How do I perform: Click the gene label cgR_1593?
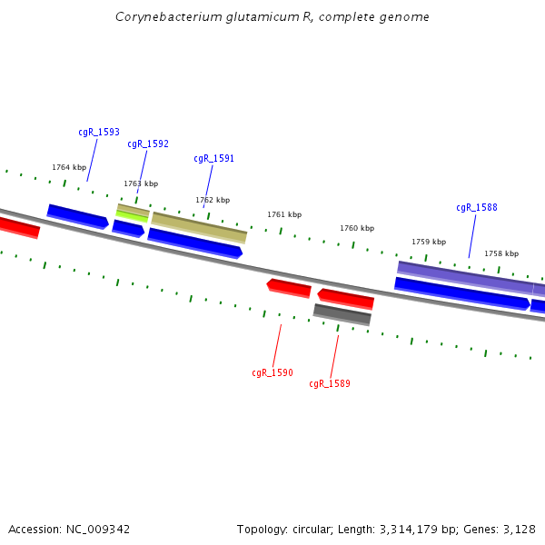pos(99,133)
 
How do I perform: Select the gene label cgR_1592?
pos(148,144)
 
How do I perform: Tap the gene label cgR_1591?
pos(213,159)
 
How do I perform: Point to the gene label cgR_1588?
pos(477,208)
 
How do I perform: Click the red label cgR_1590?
pos(272,372)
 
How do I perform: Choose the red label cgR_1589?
pos(330,384)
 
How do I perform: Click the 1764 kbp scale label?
pos(69,167)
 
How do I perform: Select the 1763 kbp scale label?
pos(141,183)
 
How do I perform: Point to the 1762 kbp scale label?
pos(213,200)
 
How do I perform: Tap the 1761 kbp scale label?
pos(284,215)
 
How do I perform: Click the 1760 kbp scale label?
pos(357,229)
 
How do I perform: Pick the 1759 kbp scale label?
pos(429,243)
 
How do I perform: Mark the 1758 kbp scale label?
pos(501,254)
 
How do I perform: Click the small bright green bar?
pos(132,216)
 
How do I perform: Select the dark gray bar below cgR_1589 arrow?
pos(342,314)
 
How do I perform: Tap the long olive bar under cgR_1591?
pos(199,228)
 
